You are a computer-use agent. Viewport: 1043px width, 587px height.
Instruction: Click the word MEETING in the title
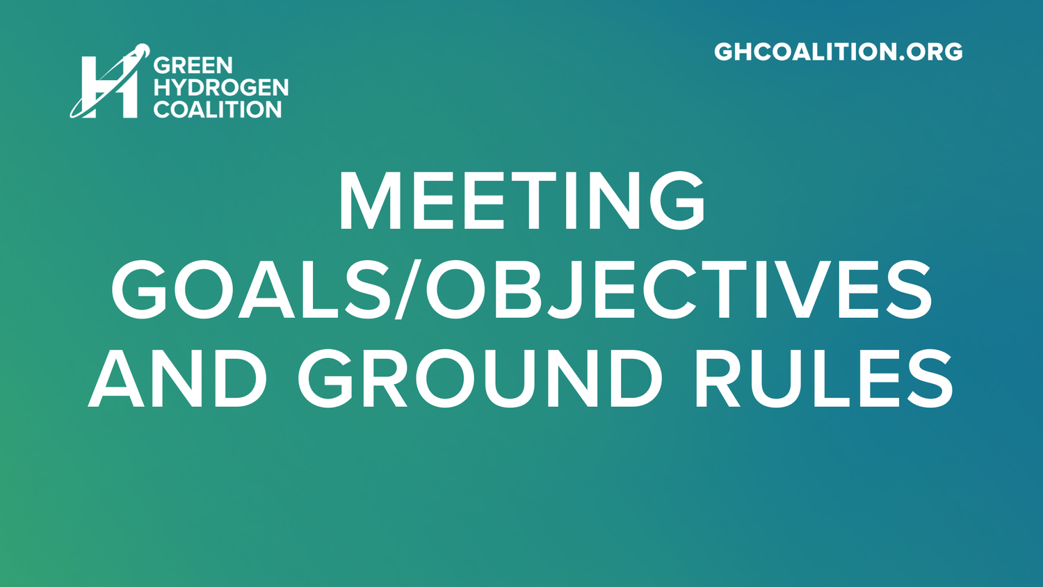click(521, 201)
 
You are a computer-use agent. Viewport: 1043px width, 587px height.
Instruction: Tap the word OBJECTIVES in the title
click(679, 289)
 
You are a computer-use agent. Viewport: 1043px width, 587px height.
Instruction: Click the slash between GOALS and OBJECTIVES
click(408, 289)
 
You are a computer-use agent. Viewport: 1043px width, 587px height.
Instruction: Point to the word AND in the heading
click(177, 378)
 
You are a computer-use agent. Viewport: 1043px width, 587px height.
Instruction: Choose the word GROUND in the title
click(480, 378)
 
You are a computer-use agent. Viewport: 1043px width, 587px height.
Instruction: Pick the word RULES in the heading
click(824, 378)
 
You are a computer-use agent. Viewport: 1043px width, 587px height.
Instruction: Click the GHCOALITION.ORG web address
click(838, 52)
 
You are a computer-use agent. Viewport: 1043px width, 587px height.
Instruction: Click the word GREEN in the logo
click(193, 65)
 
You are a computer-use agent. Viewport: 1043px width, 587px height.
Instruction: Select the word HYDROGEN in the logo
click(221, 88)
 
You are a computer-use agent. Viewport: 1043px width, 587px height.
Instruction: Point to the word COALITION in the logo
click(217, 110)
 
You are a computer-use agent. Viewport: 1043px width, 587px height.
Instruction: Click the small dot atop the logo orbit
click(142, 49)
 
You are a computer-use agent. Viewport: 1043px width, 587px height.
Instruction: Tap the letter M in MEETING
click(370, 201)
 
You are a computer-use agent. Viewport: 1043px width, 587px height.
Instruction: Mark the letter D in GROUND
click(640, 378)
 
